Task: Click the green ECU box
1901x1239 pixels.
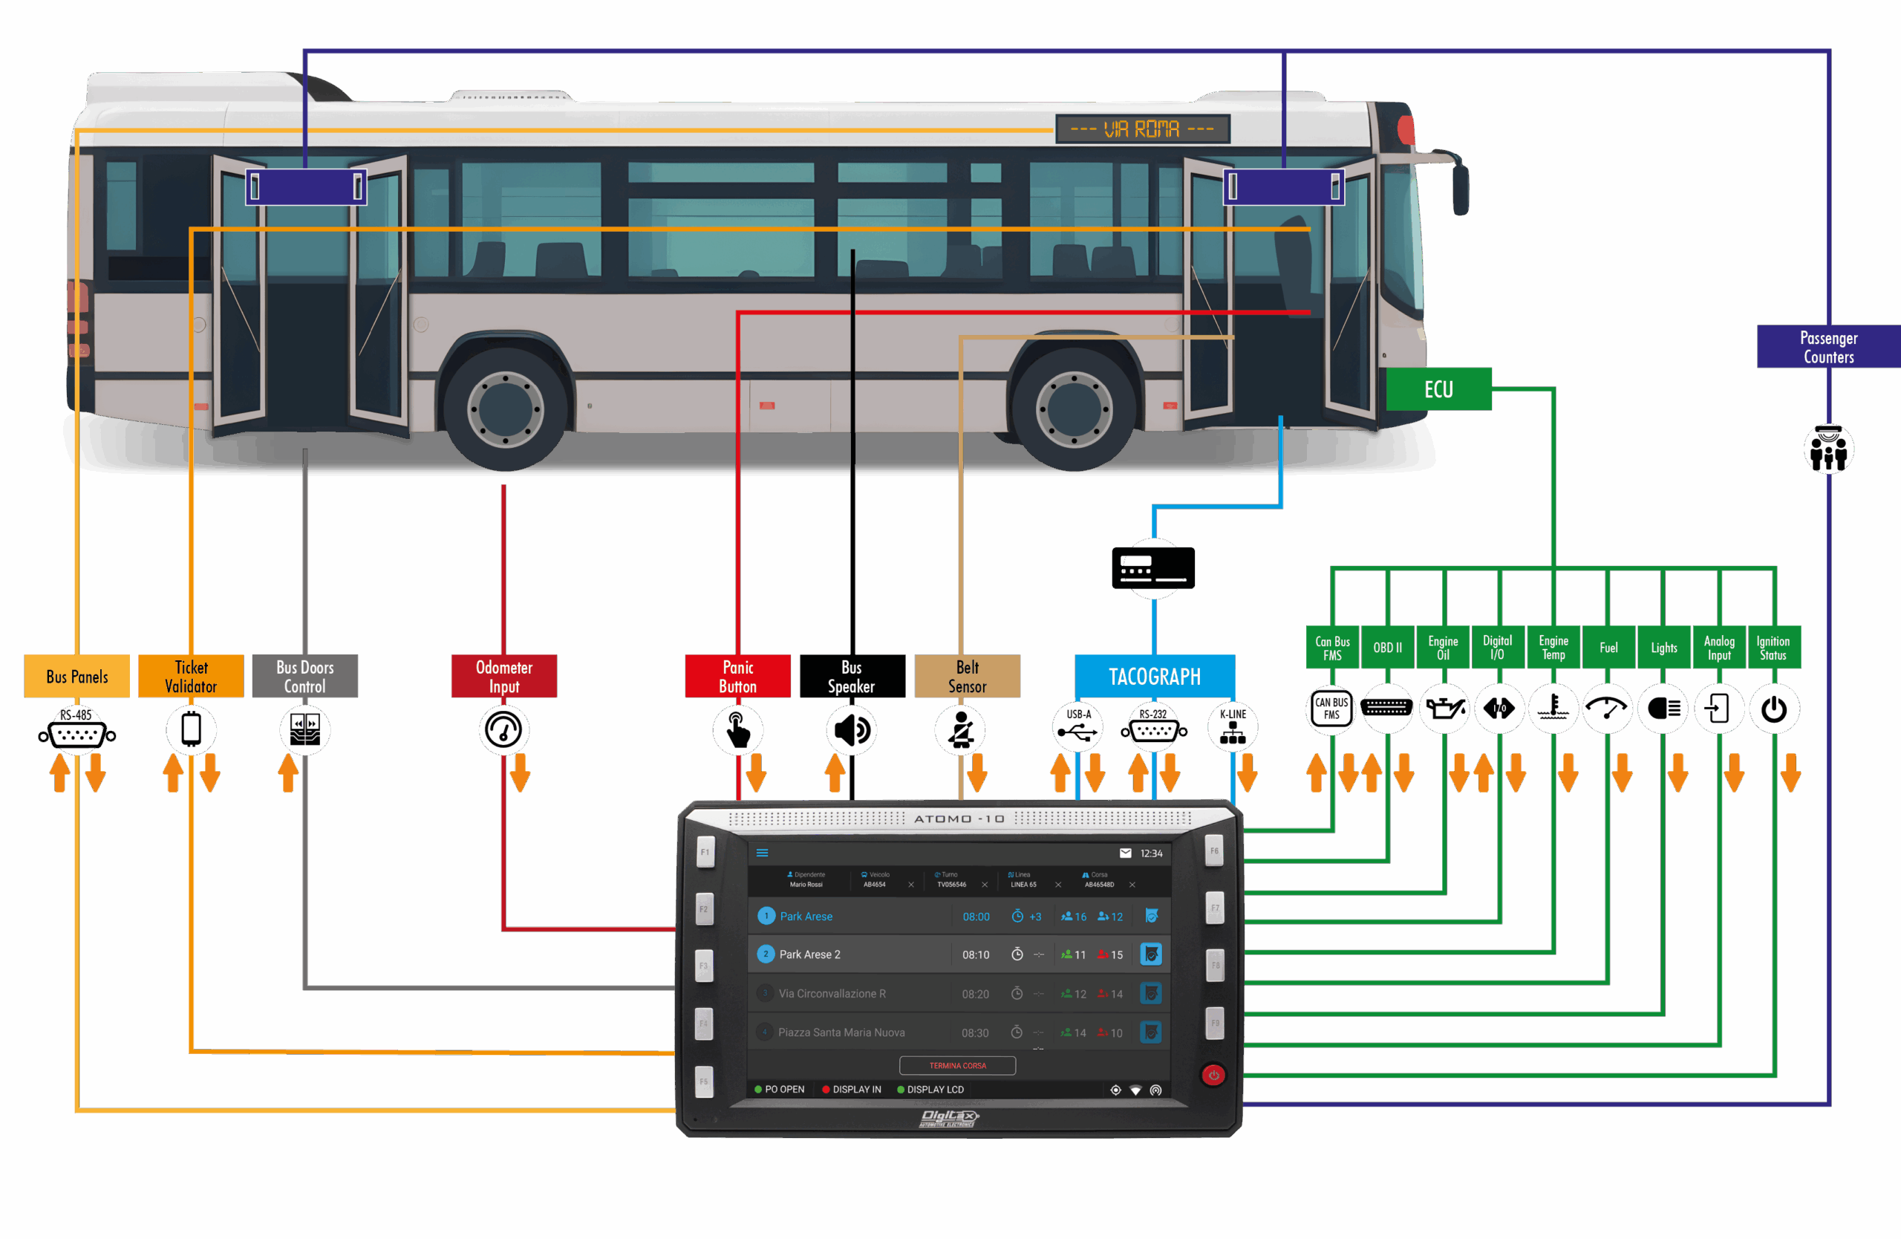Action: [x=1438, y=389]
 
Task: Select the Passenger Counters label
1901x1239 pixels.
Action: [x=1827, y=348]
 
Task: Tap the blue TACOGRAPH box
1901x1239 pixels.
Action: [x=1154, y=677]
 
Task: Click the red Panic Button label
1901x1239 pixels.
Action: [x=737, y=677]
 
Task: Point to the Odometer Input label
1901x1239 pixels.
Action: [x=504, y=677]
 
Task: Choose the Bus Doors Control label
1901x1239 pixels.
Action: [x=305, y=677]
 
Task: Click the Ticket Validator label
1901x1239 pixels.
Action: [x=191, y=677]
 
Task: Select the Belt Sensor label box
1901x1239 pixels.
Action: [x=967, y=677]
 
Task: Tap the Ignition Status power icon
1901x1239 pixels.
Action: [x=1773, y=709]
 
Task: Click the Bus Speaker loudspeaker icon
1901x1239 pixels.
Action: [x=852, y=730]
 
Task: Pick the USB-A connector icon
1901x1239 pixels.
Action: [x=1077, y=727]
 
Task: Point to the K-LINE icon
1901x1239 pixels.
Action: [x=1233, y=727]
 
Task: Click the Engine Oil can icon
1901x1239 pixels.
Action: [x=1444, y=709]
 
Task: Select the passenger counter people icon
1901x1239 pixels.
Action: [x=1828, y=449]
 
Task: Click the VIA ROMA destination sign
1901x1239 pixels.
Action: [x=1142, y=129]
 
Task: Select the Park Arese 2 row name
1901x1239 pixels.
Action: [x=809, y=955]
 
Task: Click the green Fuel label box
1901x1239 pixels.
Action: [x=1608, y=648]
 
